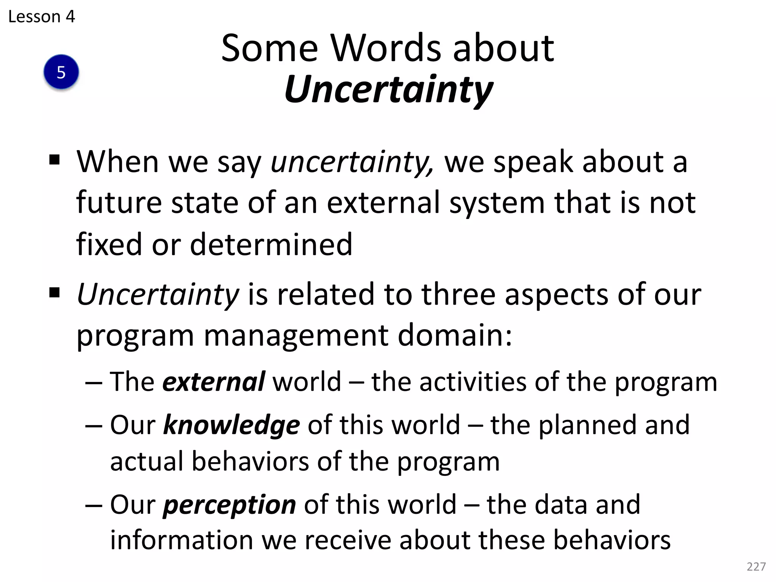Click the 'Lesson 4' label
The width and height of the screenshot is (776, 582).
(x=42, y=17)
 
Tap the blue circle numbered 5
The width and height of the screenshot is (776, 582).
(x=61, y=72)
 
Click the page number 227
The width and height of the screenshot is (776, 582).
(x=756, y=566)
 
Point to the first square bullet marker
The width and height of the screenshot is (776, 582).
(x=55, y=160)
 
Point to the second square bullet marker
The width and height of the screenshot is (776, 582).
(x=55, y=293)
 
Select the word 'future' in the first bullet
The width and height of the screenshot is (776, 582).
(x=119, y=203)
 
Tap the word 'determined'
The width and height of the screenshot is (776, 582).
(x=271, y=244)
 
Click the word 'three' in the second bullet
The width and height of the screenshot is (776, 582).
(x=458, y=294)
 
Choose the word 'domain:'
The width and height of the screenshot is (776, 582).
(x=455, y=335)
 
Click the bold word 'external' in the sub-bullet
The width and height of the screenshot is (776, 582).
(x=213, y=382)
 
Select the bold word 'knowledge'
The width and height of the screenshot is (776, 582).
(x=231, y=425)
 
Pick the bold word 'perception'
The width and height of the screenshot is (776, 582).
(x=229, y=505)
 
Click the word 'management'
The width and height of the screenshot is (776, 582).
(x=296, y=335)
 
